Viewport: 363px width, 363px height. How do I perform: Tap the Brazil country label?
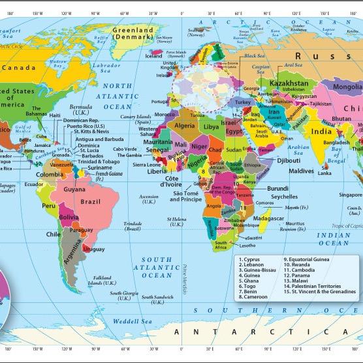click(90, 202)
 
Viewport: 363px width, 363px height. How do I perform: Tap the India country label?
click(321, 131)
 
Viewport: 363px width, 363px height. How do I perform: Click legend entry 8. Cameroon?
click(257, 296)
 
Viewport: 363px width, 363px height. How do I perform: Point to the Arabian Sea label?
click(297, 150)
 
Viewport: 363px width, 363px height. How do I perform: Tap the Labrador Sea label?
click(105, 67)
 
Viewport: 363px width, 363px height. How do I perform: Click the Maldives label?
click(302, 170)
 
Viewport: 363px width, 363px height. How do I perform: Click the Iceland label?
click(154, 55)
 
